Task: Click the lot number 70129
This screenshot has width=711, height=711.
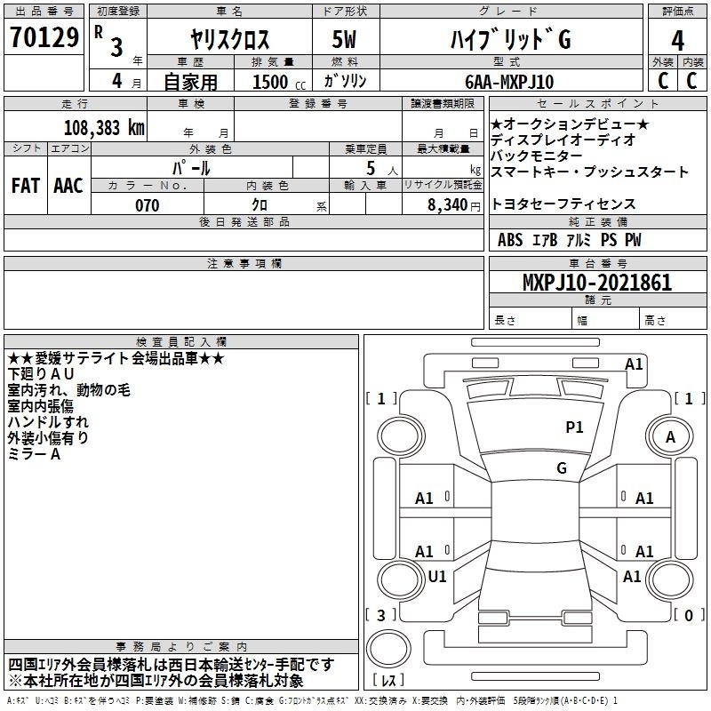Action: point(44,37)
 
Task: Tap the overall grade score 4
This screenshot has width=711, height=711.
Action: point(677,40)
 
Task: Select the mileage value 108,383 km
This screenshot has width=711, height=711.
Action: point(104,128)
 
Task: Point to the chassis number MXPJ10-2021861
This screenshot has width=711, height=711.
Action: point(597,282)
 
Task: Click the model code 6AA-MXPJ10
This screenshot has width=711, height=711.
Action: point(509,82)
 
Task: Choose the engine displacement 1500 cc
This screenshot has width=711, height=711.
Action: point(279,82)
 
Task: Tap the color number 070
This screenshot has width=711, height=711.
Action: point(148,205)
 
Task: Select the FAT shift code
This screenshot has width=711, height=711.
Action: point(26,186)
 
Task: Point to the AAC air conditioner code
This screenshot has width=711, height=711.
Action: point(68,186)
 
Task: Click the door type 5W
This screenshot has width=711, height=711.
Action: point(344,39)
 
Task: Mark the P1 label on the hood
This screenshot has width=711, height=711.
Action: point(574,427)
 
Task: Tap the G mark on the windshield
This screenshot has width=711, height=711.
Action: point(562,467)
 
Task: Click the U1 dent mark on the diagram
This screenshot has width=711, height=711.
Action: point(437,576)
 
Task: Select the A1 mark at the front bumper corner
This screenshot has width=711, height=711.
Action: point(634,364)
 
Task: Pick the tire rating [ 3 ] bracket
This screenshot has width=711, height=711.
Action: point(381,615)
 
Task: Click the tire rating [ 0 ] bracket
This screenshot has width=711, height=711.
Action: point(689,615)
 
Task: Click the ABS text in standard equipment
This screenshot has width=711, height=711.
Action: point(510,240)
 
